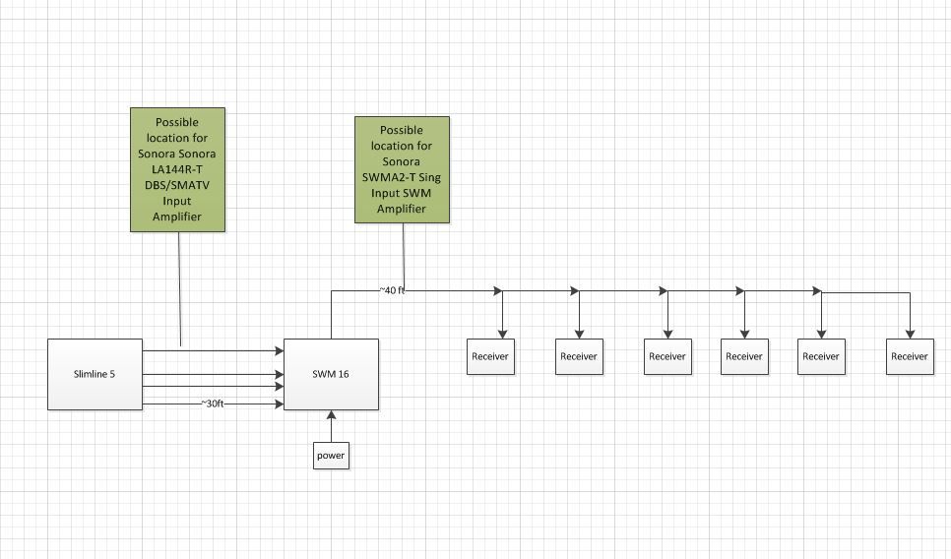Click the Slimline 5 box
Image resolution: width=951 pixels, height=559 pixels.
[x=95, y=374]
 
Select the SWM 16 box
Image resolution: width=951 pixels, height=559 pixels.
[x=331, y=374]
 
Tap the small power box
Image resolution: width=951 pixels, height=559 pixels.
[x=331, y=456]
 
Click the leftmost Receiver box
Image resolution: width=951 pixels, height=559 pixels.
[x=490, y=356]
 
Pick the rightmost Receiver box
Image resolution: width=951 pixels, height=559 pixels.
[x=910, y=356]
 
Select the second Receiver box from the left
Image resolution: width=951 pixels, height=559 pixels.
[x=579, y=356]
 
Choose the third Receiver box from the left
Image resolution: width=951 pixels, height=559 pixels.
[x=667, y=356]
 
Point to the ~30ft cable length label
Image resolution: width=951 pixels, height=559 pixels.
[x=213, y=404]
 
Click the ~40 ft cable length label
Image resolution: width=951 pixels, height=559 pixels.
[x=392, y=290]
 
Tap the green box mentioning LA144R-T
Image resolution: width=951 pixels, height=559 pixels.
[x=178, y=169]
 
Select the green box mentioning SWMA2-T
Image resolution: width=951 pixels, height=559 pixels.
[x=402, y=169]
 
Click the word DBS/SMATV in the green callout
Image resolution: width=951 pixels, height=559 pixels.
[x=177, y=185]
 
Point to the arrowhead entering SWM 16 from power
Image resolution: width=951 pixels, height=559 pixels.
[x=331, y=415]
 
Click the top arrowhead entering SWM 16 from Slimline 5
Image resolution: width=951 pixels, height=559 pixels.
[x=279, y=350]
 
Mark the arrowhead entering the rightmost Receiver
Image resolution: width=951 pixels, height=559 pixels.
[x=910, y=334]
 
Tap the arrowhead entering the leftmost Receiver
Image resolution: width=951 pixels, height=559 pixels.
[x=502, y=334]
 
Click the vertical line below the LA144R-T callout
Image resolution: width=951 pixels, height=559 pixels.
[x=179, y=288]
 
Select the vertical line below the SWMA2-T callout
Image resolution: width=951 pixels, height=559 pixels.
[x=404, y=257]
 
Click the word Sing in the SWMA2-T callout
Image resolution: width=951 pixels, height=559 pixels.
[x=429, y=178]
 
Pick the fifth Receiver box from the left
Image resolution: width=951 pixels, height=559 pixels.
[x=821, y=356]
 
